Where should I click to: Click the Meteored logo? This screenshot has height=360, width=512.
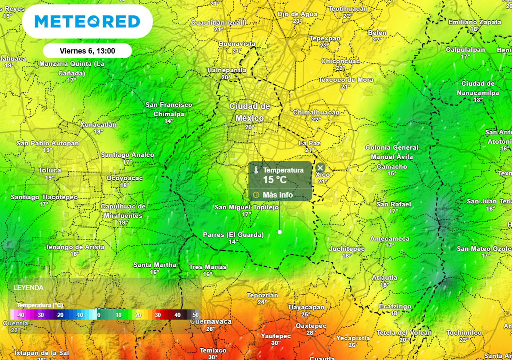click(x=87, y=22)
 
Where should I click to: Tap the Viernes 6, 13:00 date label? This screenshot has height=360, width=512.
click(x=87, y=51)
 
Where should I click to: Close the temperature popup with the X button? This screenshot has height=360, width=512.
click(x=320, y=168)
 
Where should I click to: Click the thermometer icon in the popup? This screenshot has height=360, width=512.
click(x=256, y=170)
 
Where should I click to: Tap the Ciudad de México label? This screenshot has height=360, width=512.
click(x=250, y=112)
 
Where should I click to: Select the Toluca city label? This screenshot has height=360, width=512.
click(x=50, y=170)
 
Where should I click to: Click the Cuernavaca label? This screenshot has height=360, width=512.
click(x=211, y=322)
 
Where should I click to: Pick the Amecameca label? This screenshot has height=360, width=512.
click(x=390, y=239)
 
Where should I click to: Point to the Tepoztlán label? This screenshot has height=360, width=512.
click(x=262, y=295)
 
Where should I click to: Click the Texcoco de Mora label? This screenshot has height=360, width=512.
click(x=346, y=80)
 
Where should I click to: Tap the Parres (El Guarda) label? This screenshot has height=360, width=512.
click(x=233, y=235)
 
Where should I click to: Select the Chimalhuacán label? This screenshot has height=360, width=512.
click(x=316, y=113)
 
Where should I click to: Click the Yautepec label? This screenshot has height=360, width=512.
click(x=276, y=336)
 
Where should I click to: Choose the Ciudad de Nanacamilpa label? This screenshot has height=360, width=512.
click(x=478, y=88)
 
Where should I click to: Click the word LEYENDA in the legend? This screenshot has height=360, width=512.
click(x=28, y=288)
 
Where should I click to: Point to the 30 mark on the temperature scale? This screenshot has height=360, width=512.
click(x=157, y=315)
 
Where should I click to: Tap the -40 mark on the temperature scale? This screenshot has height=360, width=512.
click(x=20, y=315)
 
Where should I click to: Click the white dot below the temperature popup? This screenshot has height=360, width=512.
click(x=280, y=232)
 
